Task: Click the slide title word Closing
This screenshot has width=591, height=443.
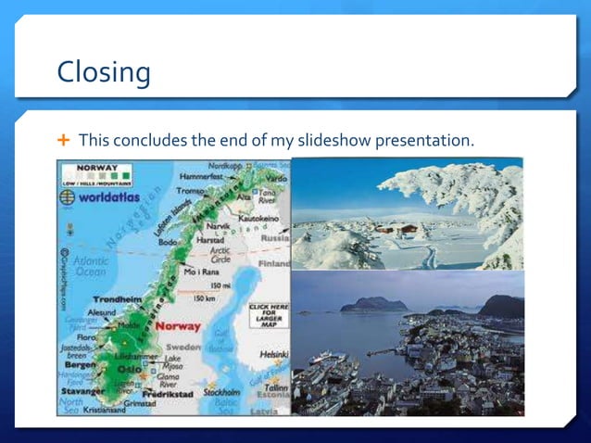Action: [104, 71]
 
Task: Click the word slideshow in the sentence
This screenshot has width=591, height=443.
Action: [305, 141]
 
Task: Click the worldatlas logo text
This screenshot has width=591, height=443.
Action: [109, 197]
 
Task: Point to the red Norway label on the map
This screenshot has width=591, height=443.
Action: [178, 326]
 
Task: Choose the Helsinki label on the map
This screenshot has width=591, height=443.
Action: [274, 353]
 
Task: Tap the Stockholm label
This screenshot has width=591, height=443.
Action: [221, 392]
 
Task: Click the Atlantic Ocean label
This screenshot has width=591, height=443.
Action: [90, 267]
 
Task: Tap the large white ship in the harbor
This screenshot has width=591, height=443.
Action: [323, 358]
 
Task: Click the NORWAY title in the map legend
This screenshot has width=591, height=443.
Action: [96, 168]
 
